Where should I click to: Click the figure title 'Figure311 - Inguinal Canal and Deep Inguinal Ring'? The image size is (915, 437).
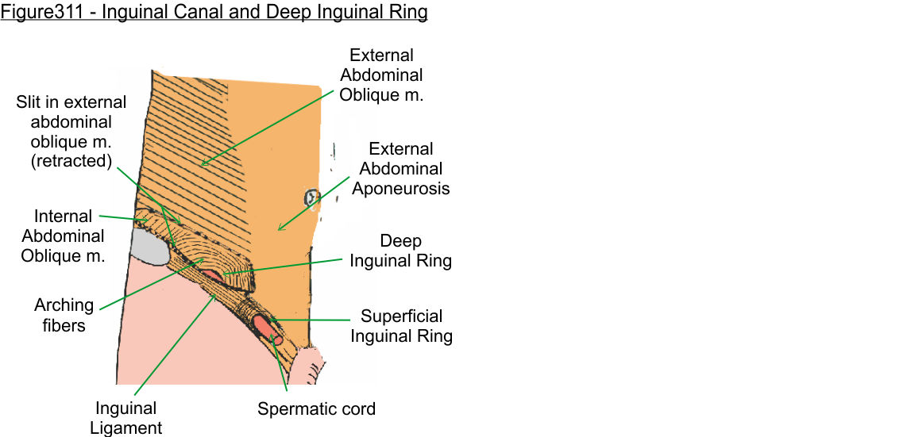click(x=214, y=13)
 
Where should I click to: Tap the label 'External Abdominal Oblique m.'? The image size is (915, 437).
click(x=382, y=75)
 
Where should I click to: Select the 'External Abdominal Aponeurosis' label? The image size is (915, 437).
click(x=401, y=168)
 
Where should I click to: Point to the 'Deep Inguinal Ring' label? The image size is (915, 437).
click(x=401, y=251)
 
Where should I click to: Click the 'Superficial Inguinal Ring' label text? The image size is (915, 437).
click(x=401, y=325)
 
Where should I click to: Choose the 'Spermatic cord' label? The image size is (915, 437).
click(x=316, y=409)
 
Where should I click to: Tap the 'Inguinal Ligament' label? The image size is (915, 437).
click(x=127, y=418)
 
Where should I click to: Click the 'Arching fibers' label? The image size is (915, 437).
click(x=64, y=315)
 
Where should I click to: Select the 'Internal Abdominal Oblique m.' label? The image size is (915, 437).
click(x=63, y=236)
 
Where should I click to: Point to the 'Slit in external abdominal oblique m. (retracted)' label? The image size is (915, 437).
click(x=71, y=132)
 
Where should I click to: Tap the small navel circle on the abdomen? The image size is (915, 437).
click(x=311, y=197)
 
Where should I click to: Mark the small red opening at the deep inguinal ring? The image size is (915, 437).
click(x=212, y=274)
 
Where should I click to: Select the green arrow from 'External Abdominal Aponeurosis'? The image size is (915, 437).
click(x=313, y=203)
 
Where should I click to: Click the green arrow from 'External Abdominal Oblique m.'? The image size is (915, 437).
click(x=262, y=127)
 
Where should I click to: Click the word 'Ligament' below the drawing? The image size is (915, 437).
click(x=127, y=428)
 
